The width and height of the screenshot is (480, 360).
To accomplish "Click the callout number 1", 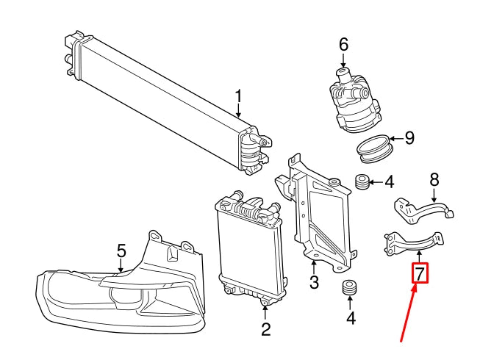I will [239, 97].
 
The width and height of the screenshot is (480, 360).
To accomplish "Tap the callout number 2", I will [265, 329].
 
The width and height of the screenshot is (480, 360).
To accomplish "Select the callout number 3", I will [314, 281].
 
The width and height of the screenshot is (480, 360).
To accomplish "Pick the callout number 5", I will [122, 251].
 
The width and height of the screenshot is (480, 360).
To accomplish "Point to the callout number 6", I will [343, 45].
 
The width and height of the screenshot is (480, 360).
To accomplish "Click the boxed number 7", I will [419, 274].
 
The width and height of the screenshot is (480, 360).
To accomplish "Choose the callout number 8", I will [434, 179].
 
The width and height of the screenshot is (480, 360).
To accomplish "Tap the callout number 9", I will [410, 137].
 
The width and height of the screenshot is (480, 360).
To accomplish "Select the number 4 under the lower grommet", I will [351, 318].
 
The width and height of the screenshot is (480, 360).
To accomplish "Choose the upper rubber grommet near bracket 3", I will [361, 181].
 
